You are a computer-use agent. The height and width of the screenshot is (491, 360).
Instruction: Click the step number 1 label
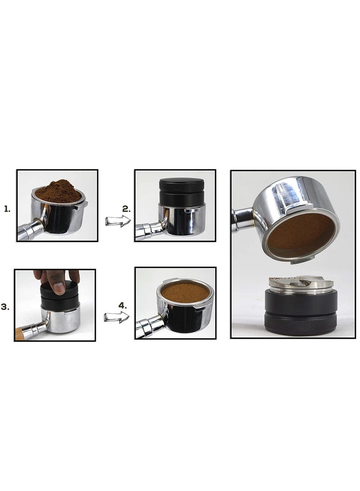(x=7, y=209)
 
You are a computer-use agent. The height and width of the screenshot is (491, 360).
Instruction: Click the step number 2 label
(x=126, y=209)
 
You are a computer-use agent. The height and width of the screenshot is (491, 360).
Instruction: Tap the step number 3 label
(x=5, y=306)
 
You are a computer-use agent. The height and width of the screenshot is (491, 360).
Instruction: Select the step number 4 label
(x=123, y=305)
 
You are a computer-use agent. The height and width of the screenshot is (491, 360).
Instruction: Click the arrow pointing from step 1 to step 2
(x=117, y=221)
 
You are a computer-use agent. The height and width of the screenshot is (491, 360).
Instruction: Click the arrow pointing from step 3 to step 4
(x=117, y=317)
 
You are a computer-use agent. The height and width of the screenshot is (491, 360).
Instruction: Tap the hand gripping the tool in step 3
(x=56, y=279)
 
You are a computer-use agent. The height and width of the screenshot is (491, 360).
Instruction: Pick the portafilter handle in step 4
(x=147, y=328)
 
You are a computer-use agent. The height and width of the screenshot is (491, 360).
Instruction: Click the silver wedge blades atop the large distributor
(x=301, y=282)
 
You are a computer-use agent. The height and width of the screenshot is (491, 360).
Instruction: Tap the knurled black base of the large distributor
(x=301, y=324)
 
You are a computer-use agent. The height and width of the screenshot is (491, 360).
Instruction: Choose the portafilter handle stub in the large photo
(x=242, y=218)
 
